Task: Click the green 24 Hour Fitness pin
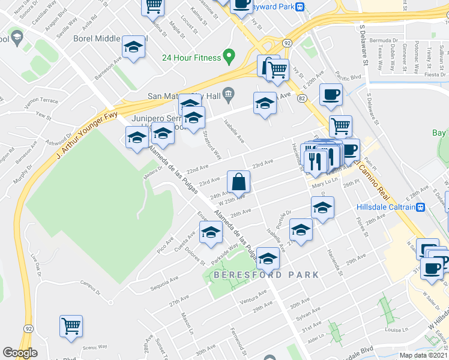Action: (228, 56)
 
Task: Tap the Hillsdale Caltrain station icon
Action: (421, 207)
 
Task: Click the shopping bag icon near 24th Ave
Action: (238, 182)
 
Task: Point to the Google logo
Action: (20, 353)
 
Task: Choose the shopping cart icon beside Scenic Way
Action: (71, 326)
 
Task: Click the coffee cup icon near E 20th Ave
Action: (331, 95)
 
